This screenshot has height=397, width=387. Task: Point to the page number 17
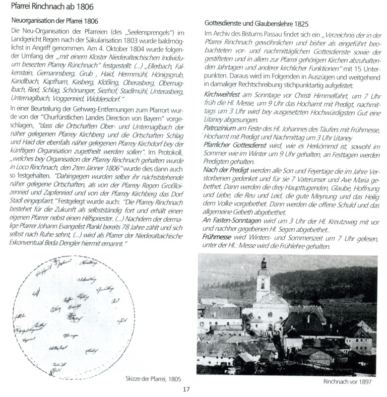(x=186, y=388)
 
